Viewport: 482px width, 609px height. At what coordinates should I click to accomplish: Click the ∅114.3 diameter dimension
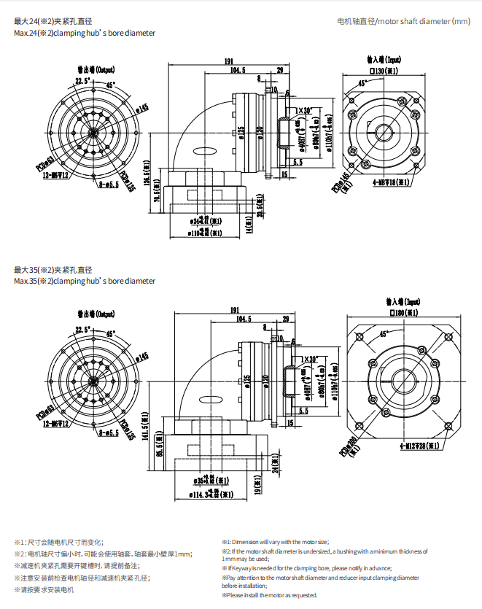206,495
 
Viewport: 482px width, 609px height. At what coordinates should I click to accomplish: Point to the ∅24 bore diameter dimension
205,220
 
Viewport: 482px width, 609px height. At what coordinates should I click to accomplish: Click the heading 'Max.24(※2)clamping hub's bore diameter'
85,34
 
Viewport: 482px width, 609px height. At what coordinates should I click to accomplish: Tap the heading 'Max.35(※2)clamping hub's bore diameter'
85,281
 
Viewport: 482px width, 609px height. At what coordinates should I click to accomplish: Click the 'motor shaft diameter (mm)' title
404,21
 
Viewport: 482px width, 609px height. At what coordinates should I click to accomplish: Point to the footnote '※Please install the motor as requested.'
270,595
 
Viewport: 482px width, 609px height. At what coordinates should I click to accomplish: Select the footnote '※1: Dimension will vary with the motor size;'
276,542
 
